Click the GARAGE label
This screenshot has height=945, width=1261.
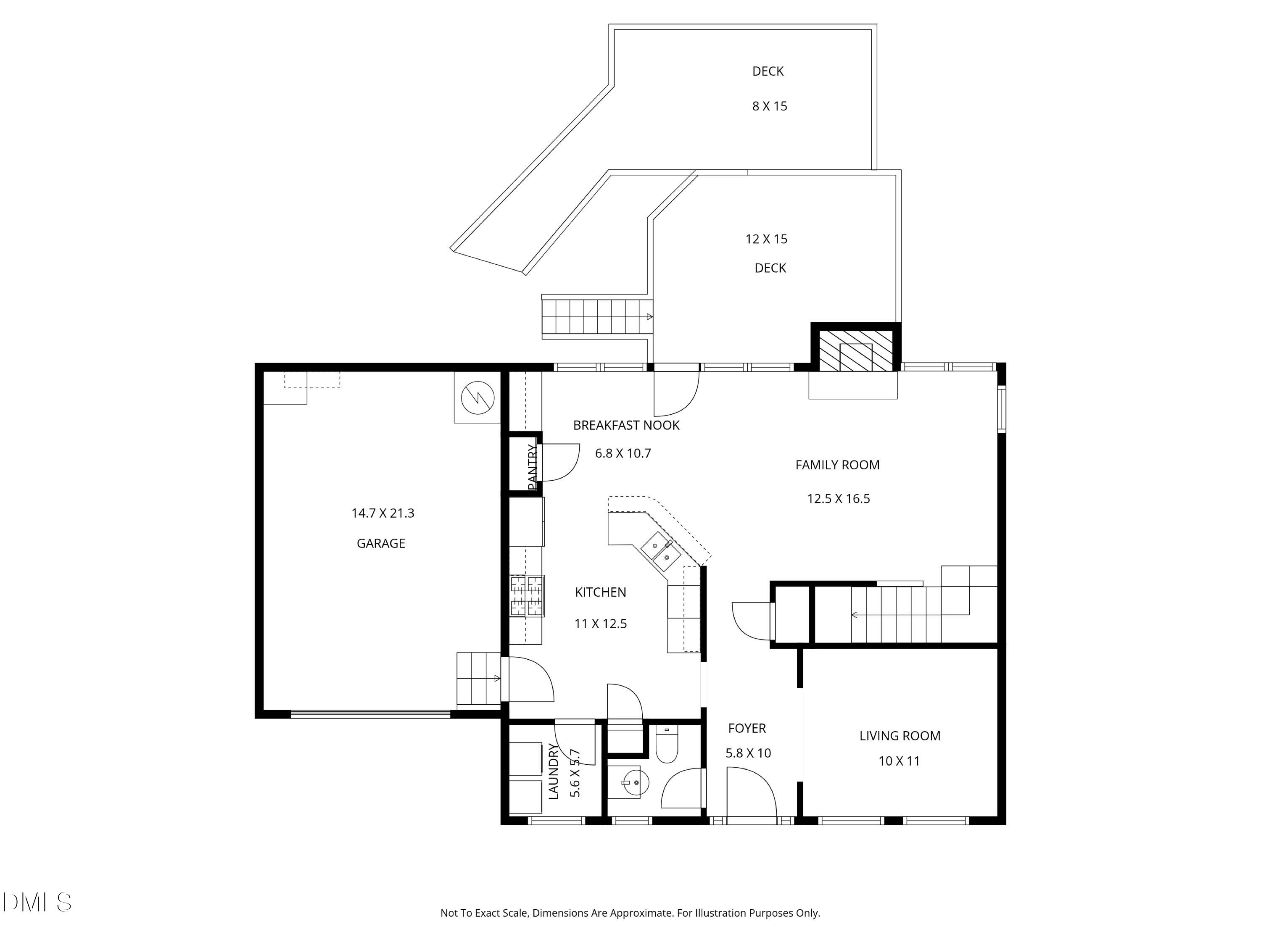click(x=381, y=543)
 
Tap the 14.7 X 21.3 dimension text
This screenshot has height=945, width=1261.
click(x=383, y=513)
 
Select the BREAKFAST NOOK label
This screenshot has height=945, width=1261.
click(x=626, y=425)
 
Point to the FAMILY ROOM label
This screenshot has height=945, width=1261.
click(x=837, y=465)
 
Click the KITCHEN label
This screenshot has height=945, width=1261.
click(x=600, y=592)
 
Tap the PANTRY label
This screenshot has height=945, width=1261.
click(x=533, y=467)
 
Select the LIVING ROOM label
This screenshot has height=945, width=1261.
click(x=900, y=736)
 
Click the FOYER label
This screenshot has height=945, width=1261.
click(x=747, y=729)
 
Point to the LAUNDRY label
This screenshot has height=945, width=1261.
click(x=553, y=771)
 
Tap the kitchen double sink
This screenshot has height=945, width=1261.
click(x=661, y=551)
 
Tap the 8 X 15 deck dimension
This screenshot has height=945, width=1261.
click(x=770, y=106)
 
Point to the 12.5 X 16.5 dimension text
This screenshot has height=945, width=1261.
click(x=838, y=499)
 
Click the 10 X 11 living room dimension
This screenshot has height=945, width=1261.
click(x=899, y=761)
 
